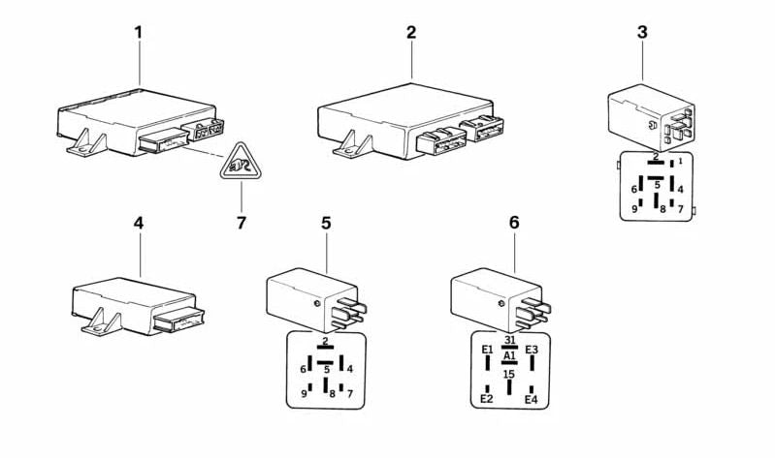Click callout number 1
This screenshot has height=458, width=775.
pyautogui.click(x=138, y=33)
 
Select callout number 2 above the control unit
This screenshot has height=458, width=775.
pyautogui.click(x=410, y=33)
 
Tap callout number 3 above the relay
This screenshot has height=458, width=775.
pyautogui.click(x=642, y=33)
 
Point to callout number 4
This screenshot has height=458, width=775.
pyautogui.click(x=138, y=224)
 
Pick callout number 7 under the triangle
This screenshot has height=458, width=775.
pyautogui.click(x=241, y=224)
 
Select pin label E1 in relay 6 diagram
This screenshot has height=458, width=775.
pyautogui.click(x=487, y=351)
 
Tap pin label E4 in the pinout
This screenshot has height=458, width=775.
pyautogui.click(x=531, y=399)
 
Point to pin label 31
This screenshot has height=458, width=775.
pyautogui.click(x=509, y=340)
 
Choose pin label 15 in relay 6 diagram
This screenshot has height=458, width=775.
pyautogui.click(x=509, y=374)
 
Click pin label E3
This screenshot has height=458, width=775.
pyautogui.click(x=532, y=351)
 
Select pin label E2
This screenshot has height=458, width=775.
pyautogui.click(x=487, y=399)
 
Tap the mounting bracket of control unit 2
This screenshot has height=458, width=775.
pyautogui.click(x=351, y=146)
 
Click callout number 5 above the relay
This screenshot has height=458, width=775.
pyautogui.click(x=326, y=224)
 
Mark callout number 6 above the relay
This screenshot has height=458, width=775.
pyautogui.click(x=514, y=224)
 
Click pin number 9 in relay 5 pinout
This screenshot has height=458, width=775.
pyautogui.click(x=304, y=393)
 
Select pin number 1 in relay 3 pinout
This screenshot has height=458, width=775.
pyautogui.click(x=680, y=162)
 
